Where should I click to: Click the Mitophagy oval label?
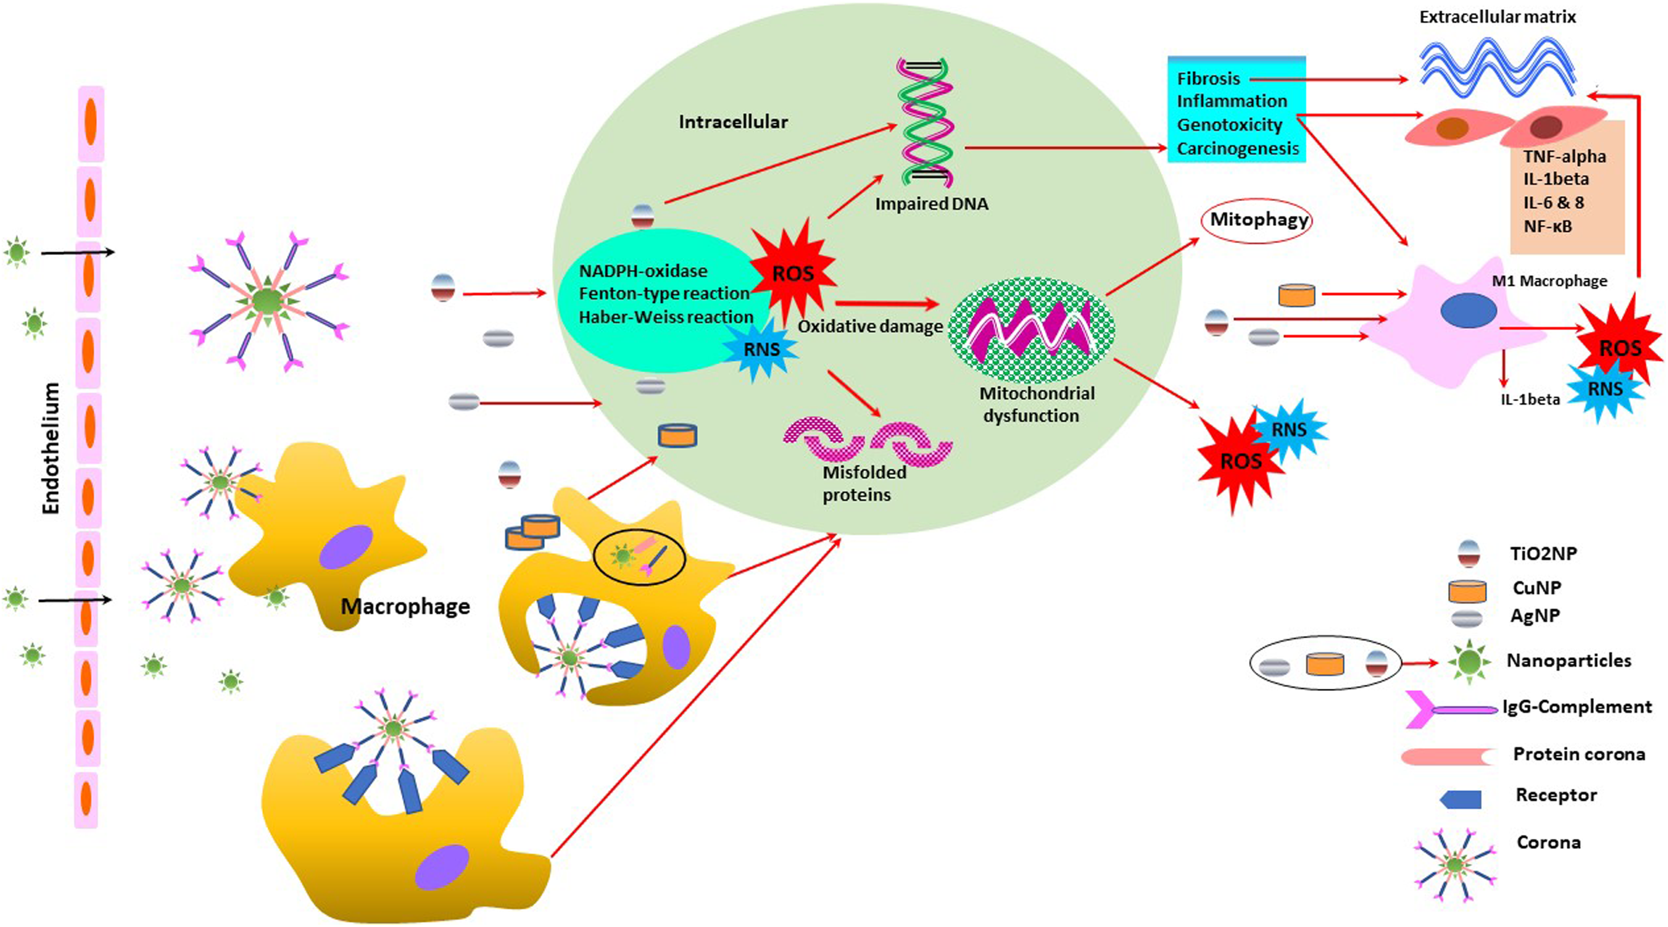pyautogui.click(x=1258, y=220)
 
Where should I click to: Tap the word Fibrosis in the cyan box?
pyautogui.click(x=1208, y=79)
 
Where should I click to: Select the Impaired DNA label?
pyautogui.click(x=932, y=204)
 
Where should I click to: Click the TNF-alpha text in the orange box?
pyautogui.click(x=1564, y=157)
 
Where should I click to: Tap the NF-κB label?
pyautogui.click(x=1548, y=226)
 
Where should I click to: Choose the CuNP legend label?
pyautogui.click(x=1537, y=588)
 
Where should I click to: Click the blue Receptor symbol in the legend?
pyautogui.click(x=1461, y=799)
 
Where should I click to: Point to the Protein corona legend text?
pyautogui.click(x=1579, y=754)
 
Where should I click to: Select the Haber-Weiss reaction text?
pyautogui.click(x=666, y=317)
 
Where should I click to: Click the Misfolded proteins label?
pyautogui.click(x=864, y=483)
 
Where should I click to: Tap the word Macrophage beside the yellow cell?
pyautogui.click(x=405, y=607)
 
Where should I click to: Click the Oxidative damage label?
pyautogui.click(x=870, y=326)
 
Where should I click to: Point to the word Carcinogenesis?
pyautogui.click(x=1238, y=149)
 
